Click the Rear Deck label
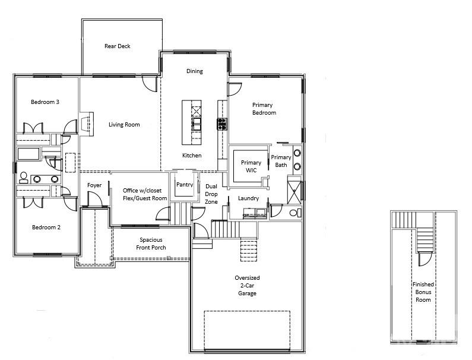tap(118, 46)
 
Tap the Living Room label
tap(124, 124)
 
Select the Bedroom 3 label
tap(45, 102)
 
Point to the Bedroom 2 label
tap(46, 227)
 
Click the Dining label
tap(195, 71)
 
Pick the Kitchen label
tap(192, 156)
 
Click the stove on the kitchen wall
tap(222, 124)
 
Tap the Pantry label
tap(185, 185)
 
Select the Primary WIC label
tap(251, 166)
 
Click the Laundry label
tap(248, 198)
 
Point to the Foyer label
tap(94, 185)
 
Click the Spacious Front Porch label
tap(151, 244)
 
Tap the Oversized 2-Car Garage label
tap(247, 285)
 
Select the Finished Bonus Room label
tap(423, 292)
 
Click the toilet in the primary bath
tap(295, 213)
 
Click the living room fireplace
tap(87, 124)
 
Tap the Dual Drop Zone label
tap(211, 194)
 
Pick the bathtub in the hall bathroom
tap(28, 154)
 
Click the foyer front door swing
tap(95, 199)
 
